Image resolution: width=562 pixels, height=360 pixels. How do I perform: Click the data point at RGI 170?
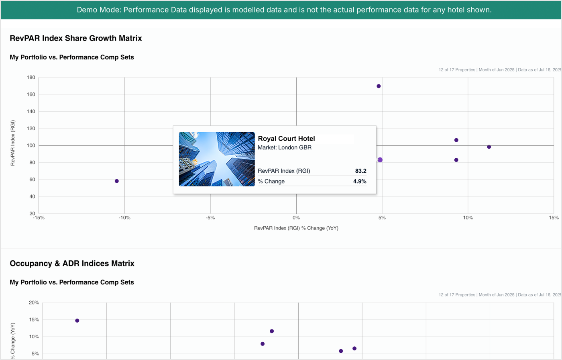(x=379, y=86)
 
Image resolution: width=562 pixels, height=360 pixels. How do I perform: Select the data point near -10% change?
(x=117, y=181)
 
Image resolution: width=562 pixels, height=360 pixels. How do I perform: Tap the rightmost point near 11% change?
(x=489, y=147)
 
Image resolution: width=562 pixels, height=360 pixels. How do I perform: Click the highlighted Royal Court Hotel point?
(x=380, y=160)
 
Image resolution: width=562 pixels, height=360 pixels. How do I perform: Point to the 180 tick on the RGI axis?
(x=31, y=78)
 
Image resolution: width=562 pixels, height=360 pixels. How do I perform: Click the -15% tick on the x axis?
(x=38, y=218)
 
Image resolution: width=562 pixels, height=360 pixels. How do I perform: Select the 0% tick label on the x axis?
(x=296, y=218)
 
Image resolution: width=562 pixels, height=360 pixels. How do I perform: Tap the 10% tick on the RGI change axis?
(x=468, y=218)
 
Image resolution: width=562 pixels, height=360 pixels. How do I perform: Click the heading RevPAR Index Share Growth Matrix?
(x=76, y=39)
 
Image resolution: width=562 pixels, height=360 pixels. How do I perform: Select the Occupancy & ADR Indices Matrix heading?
(x=72, y=264)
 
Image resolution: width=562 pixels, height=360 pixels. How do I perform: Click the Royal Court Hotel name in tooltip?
(x=286, y=139)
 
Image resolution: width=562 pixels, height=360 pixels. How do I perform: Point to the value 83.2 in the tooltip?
(x=360, y=171)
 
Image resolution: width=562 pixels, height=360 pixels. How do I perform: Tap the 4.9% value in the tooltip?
(x=360, y=181)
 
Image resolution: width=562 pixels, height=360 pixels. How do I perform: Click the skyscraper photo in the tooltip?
(x=217, y=159)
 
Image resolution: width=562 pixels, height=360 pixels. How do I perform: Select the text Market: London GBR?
(x=285, y=147)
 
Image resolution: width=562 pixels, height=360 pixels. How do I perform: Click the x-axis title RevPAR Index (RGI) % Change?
(x=296, y=228)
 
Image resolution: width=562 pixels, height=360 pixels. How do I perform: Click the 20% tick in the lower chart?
(x=33, y=303)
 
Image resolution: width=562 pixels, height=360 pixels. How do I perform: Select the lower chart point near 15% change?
(x=77, y=320)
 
